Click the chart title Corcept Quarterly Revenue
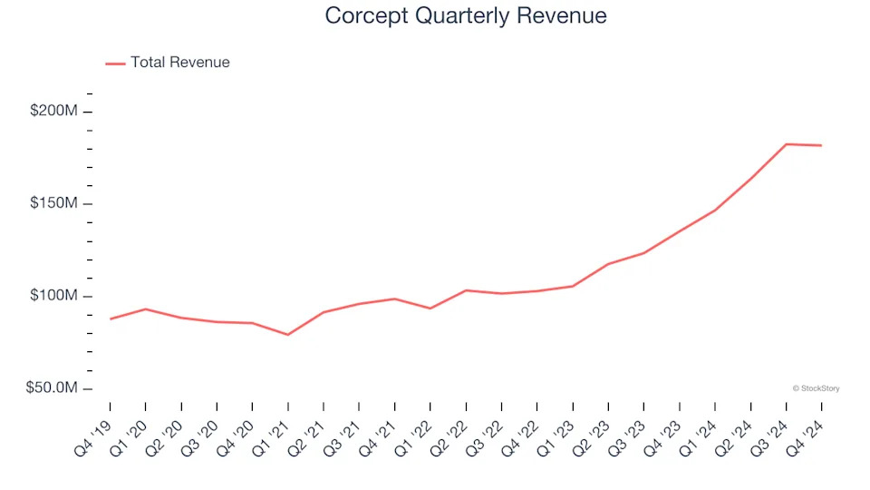[466, 15]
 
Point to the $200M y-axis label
[54, 111]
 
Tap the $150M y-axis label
[54, 203]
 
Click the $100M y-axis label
[54, 296]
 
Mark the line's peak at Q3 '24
[786, 144]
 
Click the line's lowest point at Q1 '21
[288, 335]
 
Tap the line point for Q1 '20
[146, 309]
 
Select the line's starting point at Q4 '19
[111, 319]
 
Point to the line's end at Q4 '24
[821, 145]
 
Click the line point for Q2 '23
[608, 264]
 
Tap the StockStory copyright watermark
[816, 388]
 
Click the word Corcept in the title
[360, 15]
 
